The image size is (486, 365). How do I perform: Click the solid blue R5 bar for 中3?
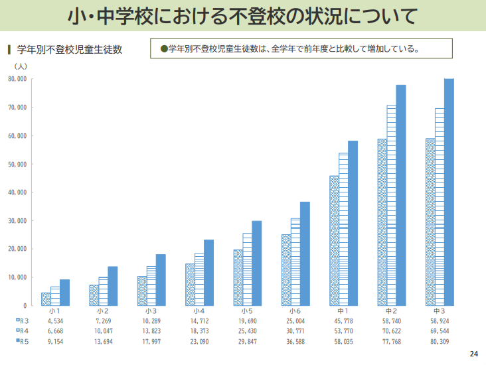(449, 192)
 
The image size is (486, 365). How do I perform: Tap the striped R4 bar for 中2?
(392, 205)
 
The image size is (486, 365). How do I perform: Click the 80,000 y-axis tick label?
(18, 79)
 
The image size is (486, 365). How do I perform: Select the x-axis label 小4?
(199, 311)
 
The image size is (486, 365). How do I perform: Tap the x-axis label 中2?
(392, 311)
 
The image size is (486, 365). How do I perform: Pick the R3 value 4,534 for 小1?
(55, 320)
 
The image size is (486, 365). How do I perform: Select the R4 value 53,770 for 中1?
(343, 330)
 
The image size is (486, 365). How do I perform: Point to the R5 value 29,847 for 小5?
(247, 341)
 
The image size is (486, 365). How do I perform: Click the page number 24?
(473, 352)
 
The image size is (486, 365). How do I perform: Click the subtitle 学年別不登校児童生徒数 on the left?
(69, 50)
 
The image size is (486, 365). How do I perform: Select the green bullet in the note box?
(164, 48)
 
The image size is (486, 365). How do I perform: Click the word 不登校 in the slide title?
(235, 15)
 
